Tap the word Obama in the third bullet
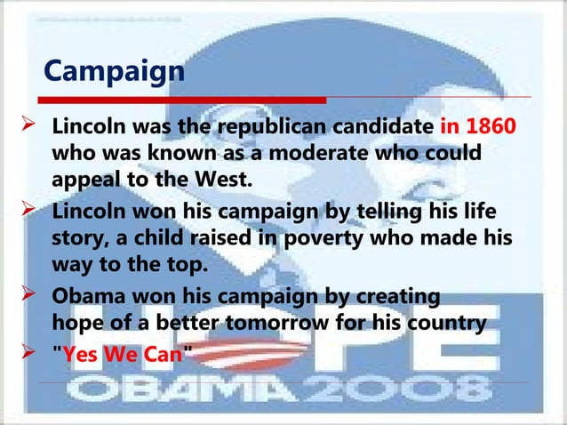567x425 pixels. tap(89, 295)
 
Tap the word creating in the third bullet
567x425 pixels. tap(391, 295)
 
